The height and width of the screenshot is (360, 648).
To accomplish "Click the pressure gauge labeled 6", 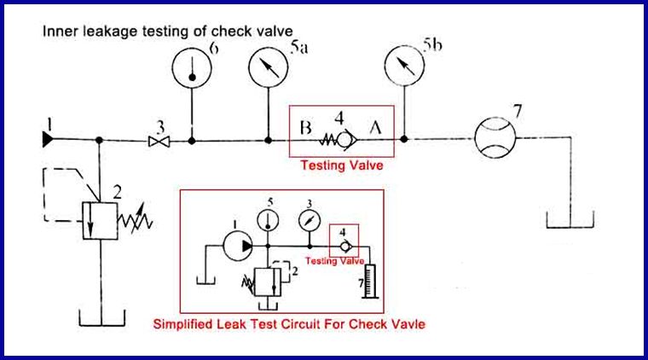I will pos(192,70).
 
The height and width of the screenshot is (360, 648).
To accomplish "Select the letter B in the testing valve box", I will pos(305,131).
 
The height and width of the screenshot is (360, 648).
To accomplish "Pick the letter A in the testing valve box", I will pos(375,131).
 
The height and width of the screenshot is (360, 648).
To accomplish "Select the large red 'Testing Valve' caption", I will pos(340,166).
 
